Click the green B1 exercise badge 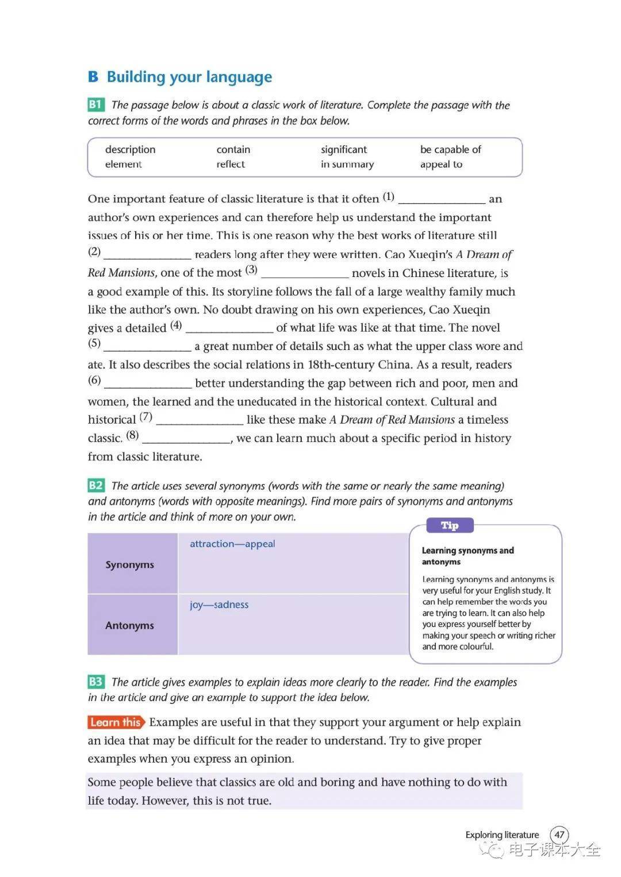[95, 105]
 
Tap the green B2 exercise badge [95, 486]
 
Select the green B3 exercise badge [95, 682]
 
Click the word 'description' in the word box [130, 149]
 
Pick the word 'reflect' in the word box [231, 164]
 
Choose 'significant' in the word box [343, 149]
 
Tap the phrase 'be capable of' [450, 149]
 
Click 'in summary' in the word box [347, 164]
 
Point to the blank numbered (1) [442, 200]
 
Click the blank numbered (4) [229, 329]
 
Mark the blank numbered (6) [148, 384]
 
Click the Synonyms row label [130, 564]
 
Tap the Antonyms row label [130, 625]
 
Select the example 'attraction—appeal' [232, 544]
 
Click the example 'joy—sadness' [219, 605]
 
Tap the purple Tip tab [450, 525]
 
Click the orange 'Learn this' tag [116, 722]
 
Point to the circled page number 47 [559, 834]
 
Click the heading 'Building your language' [189, 77]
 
